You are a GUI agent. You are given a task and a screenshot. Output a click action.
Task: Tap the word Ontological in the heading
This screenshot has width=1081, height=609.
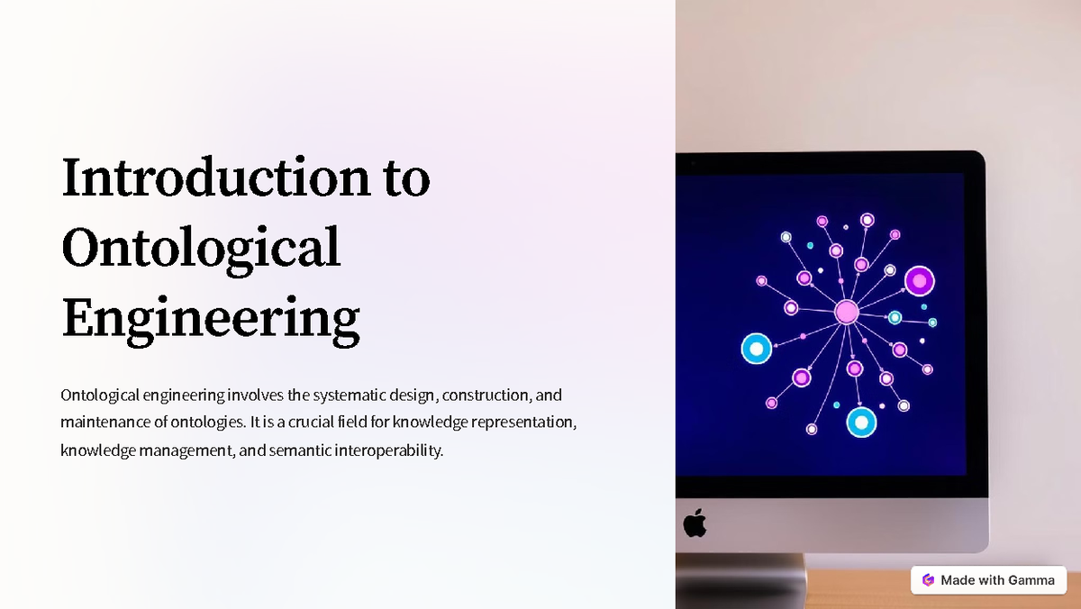[201, 247]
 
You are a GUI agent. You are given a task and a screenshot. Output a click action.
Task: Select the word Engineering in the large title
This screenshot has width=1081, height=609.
[210, 318]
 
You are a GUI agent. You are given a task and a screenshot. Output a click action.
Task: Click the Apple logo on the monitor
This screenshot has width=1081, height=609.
[695, 523]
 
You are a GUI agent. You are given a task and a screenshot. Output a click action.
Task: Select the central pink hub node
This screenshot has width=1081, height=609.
[847, 312]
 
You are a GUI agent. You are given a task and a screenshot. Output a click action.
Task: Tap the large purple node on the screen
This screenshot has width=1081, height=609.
[919, 281]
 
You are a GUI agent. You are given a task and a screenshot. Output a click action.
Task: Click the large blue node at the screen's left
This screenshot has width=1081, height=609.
[757, 349]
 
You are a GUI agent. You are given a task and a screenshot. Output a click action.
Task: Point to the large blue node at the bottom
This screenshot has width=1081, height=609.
[861, 422]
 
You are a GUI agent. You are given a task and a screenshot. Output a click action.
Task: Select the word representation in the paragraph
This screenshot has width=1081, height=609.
[522, 422]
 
